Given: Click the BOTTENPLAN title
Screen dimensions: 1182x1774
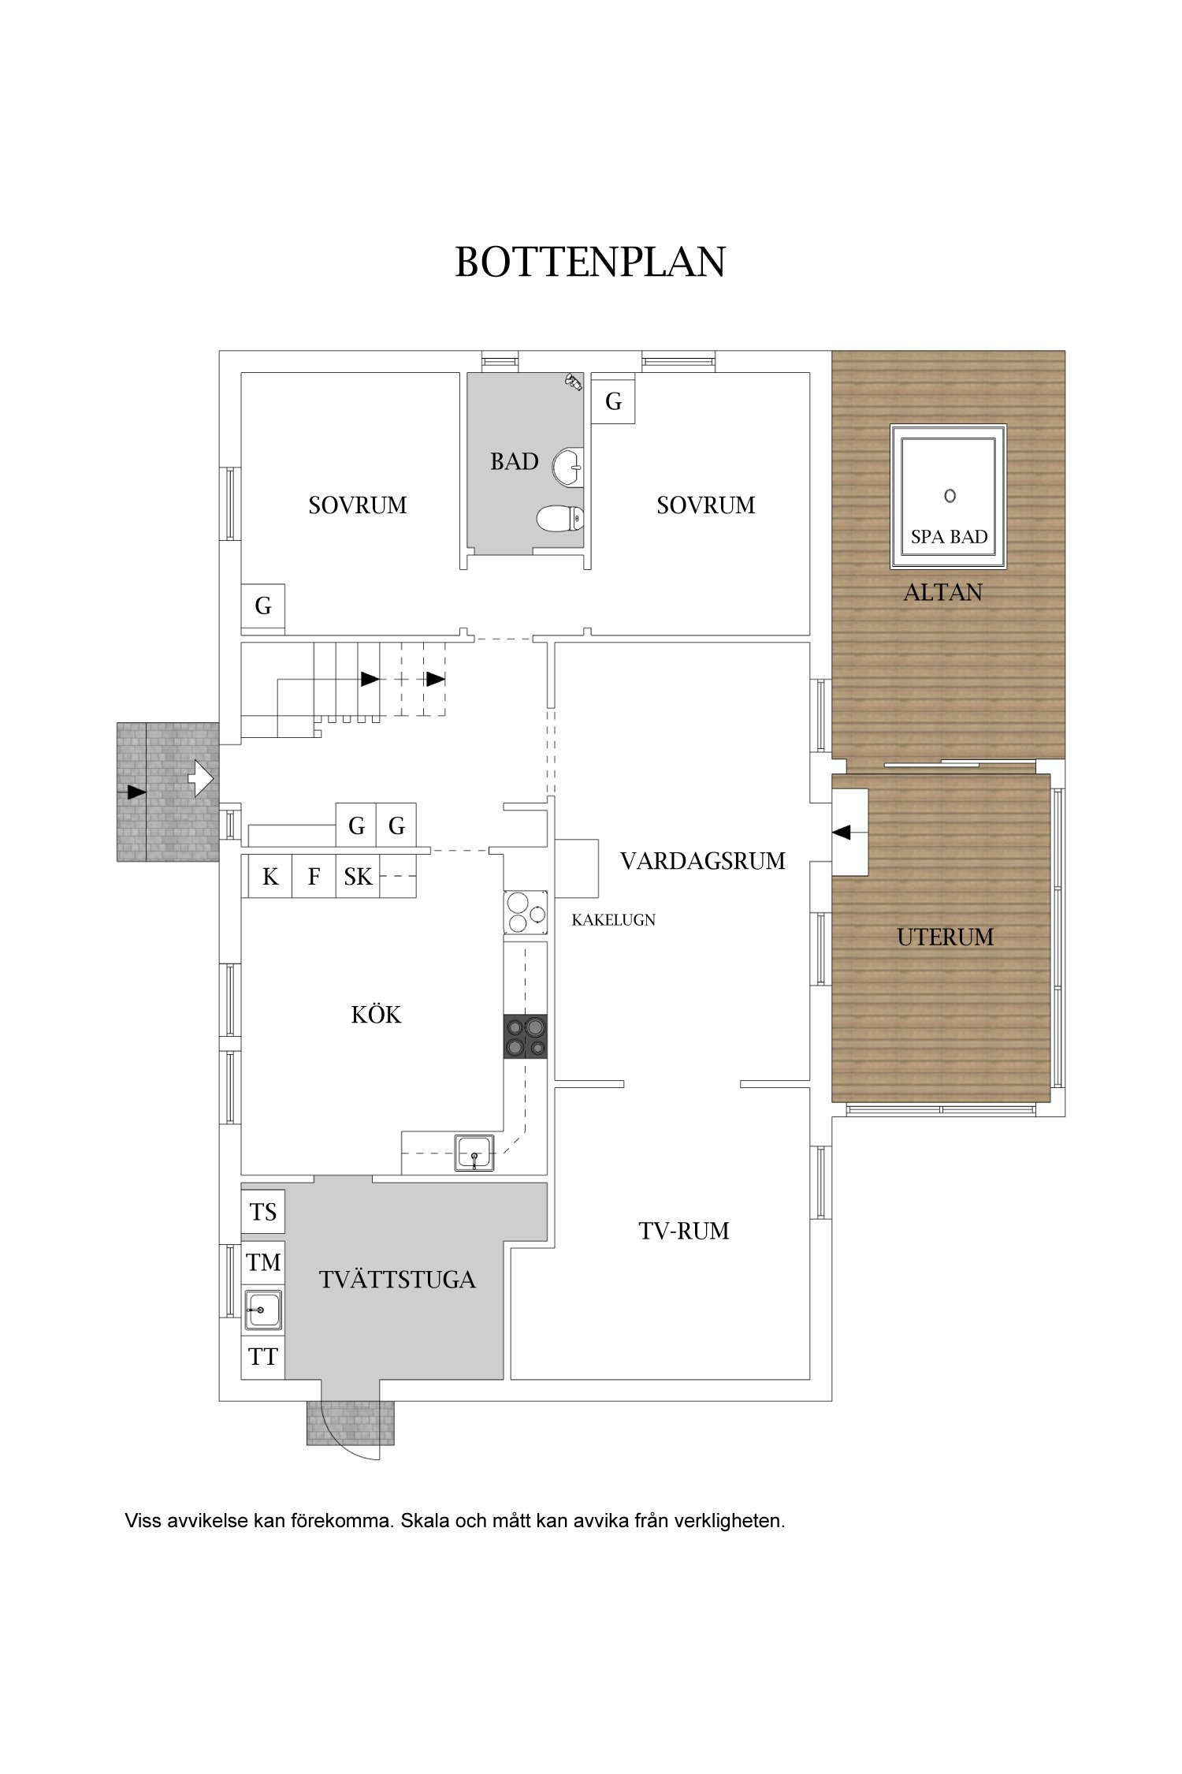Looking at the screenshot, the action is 590,262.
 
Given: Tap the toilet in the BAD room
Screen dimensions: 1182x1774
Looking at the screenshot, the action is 560,519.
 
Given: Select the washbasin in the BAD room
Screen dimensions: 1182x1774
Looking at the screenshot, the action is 568,467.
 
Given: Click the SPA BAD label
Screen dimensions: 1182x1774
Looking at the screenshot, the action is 949,537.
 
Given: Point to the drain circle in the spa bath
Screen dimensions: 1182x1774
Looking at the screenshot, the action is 950,495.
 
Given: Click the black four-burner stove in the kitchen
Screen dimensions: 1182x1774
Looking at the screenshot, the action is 526,1037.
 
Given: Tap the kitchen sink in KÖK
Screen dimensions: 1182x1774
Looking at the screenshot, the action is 474,1153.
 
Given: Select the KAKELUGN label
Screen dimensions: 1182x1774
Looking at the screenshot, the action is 613,920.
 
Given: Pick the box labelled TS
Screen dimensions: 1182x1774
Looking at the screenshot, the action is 262,1212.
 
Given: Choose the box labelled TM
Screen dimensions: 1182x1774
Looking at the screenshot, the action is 262,1262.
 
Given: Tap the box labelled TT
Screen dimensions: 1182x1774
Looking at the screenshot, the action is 262,1357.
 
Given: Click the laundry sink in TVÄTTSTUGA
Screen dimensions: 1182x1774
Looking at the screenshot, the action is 262,1310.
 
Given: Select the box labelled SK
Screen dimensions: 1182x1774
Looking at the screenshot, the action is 358,876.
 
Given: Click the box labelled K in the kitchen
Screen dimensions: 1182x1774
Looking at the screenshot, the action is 270,876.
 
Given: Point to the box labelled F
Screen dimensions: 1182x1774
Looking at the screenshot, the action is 314,876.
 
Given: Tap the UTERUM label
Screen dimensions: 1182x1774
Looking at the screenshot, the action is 945,937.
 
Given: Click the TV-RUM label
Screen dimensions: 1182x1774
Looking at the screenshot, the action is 684,1231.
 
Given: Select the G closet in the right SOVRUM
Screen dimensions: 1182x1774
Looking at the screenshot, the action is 613,401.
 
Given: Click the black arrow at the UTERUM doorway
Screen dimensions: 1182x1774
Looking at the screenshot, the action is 842,832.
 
